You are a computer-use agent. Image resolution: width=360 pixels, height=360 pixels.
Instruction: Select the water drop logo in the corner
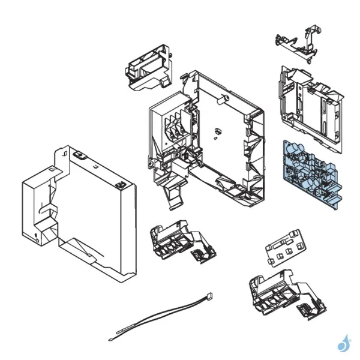click(344, 343)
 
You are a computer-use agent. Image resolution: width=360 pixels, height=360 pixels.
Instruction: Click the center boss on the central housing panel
click(217, 130)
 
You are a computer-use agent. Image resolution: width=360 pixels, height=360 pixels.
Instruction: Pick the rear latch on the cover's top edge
click(77, 155)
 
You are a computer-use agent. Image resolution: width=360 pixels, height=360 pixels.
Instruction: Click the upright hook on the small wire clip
click(311, 34)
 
